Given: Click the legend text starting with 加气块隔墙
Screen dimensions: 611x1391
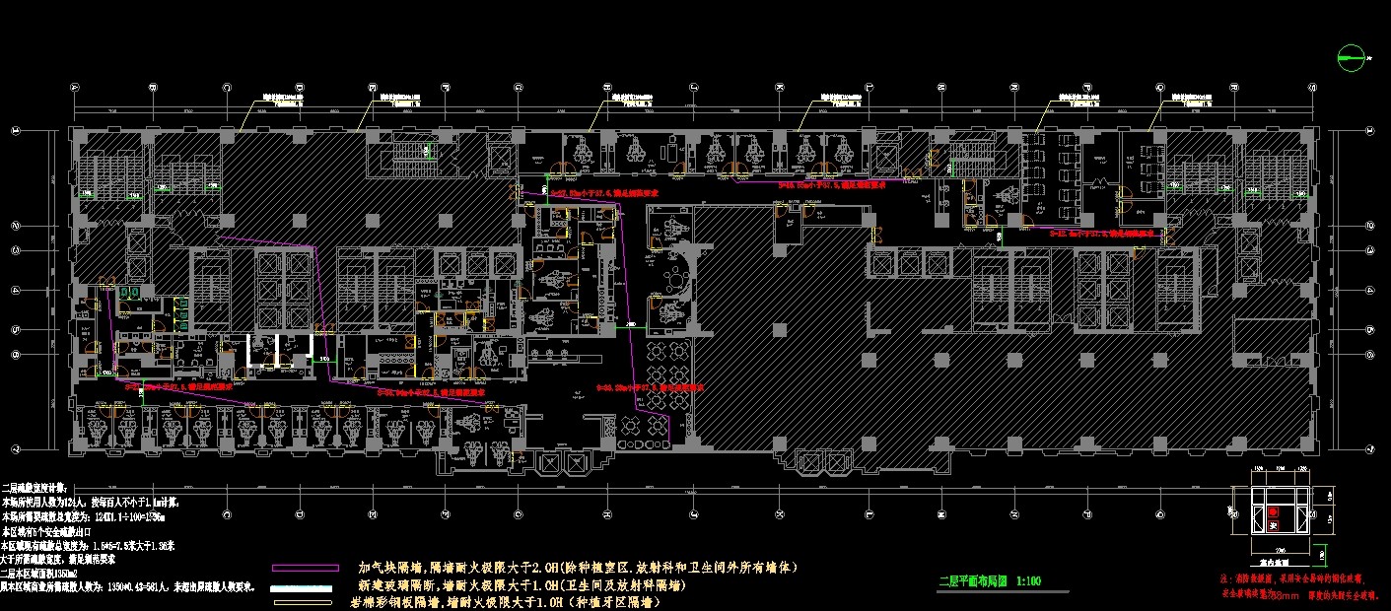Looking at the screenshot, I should (x=577, y=568).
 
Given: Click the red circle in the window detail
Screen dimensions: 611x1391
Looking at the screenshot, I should (x=1274, y=512).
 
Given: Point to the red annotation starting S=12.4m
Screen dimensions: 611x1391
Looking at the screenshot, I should (x=1100, y=235).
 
